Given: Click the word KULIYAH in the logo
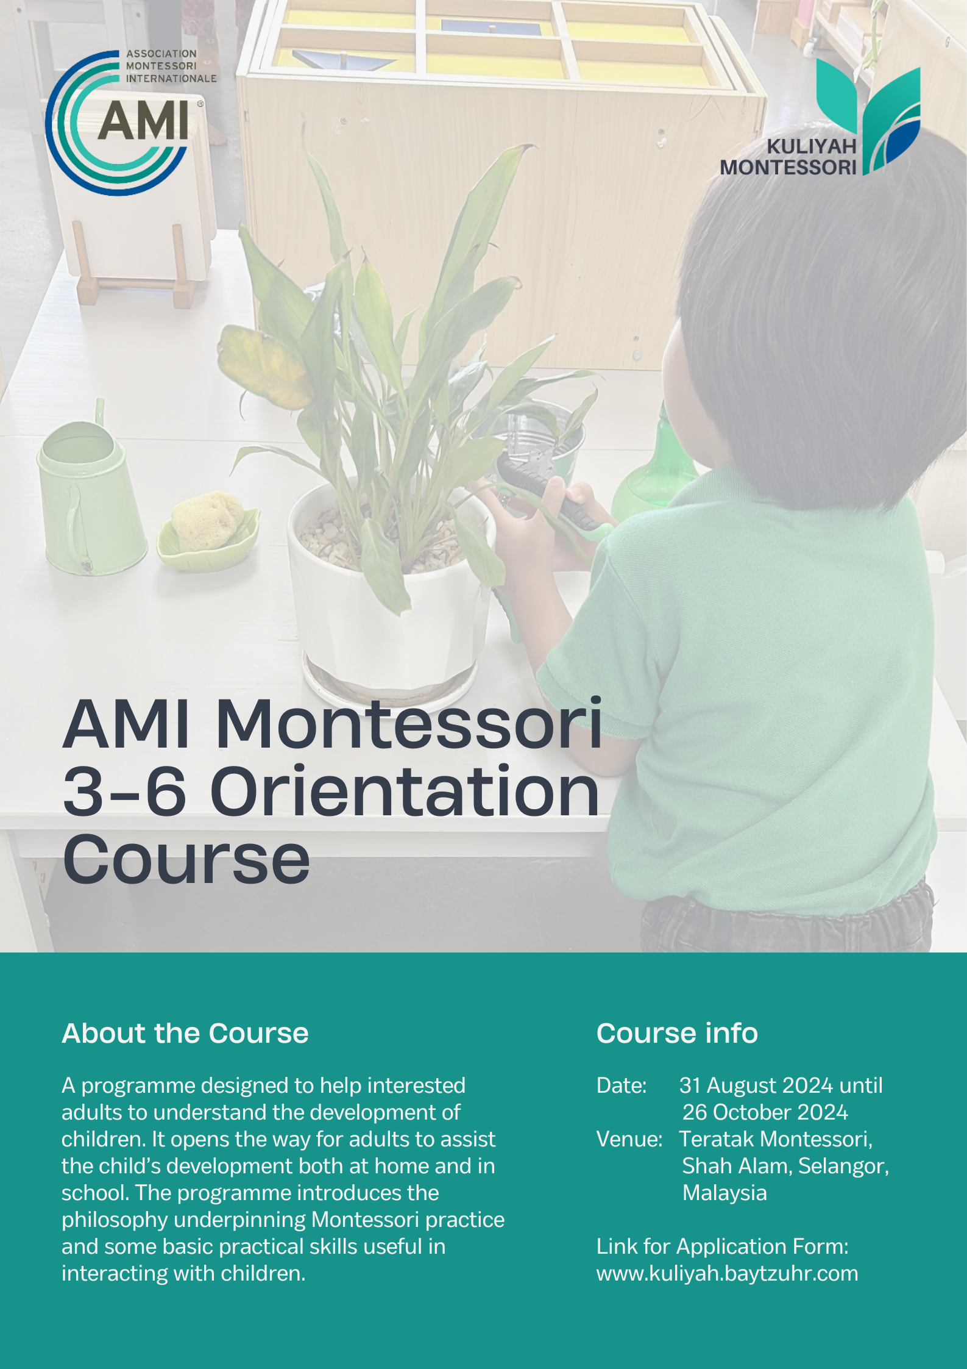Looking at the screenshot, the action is (x=811, y=146).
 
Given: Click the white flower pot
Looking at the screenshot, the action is (x=390, y=598).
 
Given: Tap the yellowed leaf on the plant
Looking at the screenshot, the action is (x=265, y=366).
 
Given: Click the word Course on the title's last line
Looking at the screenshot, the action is (x=186, y=859).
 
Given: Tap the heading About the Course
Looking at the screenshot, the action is (x=185, y=1033).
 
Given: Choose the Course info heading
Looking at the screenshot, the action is (x=677, y=1033).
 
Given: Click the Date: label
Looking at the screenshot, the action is (x=622, y=1085).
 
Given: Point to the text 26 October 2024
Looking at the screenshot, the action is (x=765, y=1112).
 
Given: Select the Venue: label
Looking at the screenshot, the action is (x=629, y=1139).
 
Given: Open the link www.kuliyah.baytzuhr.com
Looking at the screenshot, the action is (x=727, y=1273).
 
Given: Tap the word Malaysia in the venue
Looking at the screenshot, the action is (x=724, y=1193).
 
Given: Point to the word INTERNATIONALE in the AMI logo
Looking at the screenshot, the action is (x=171, y=79).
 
